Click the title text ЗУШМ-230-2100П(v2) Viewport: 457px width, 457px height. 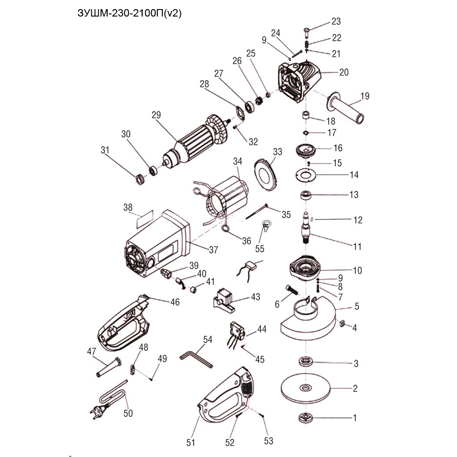(129, 13)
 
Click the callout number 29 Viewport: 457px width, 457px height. (156, 115)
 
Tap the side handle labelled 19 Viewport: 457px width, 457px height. (346, 108)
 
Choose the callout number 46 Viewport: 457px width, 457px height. (175, 302)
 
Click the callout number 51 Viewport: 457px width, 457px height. (190, 443)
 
